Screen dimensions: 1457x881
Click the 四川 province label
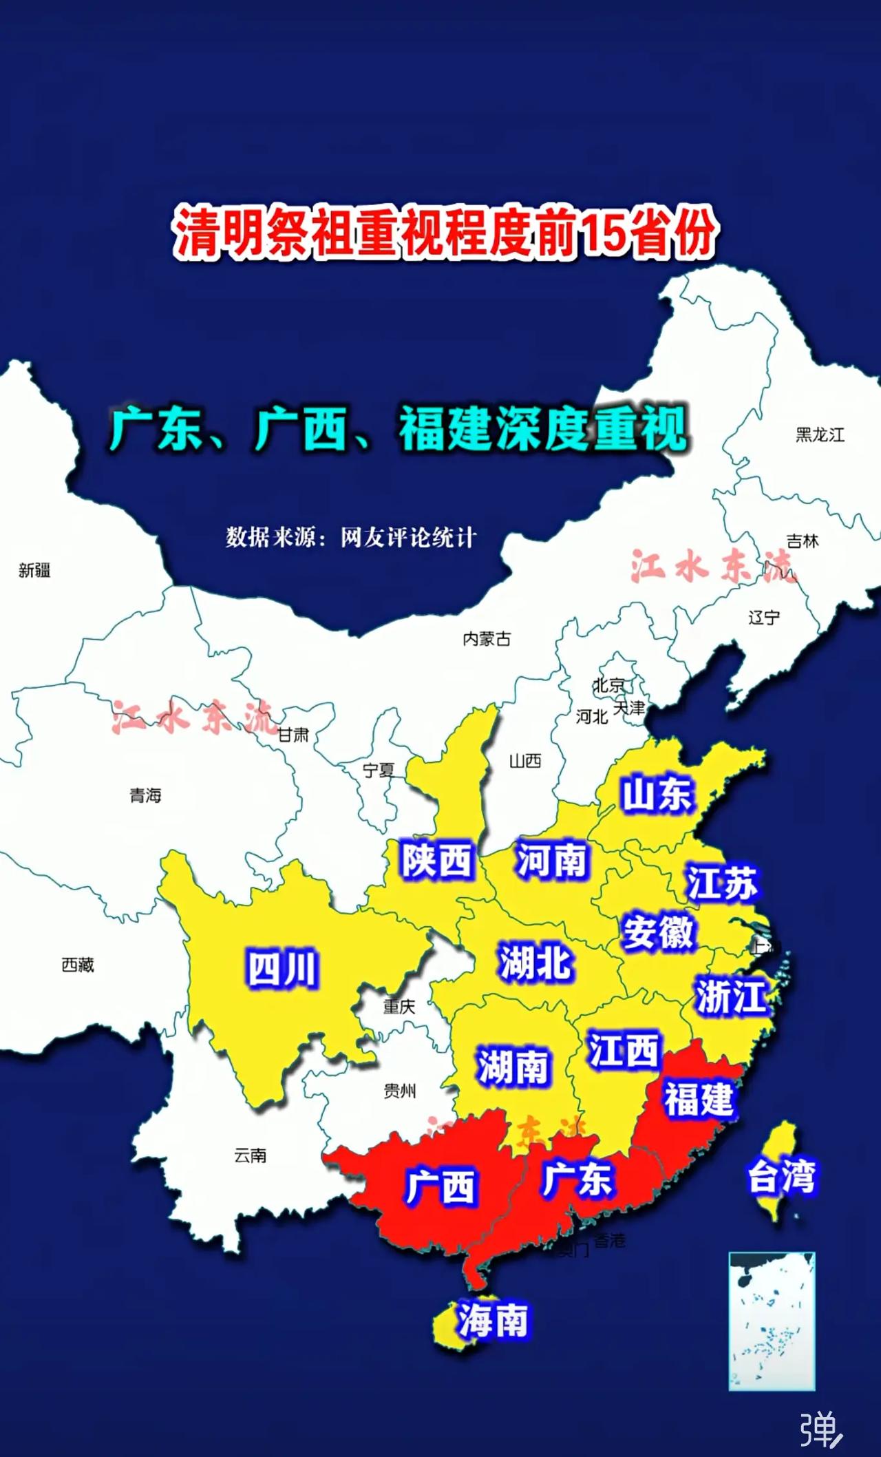coord(282,969)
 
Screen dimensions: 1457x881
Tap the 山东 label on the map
coord(657,794)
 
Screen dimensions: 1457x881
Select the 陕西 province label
coord(437,860)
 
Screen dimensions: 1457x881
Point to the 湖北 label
coord(535,962)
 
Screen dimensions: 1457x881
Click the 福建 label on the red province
coord(698,1099)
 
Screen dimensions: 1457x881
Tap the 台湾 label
coord(781,1177)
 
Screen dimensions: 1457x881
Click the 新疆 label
coord(34,570)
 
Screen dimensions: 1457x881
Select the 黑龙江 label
coord(820,435)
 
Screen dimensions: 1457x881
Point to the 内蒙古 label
coord(487,639)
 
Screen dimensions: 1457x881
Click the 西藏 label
coord(78,965)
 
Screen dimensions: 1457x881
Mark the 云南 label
coord(250,1155)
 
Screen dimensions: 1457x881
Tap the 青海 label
coord(145,796)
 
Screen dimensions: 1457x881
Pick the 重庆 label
coord(399,1007)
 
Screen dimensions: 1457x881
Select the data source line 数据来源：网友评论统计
coord(351,537)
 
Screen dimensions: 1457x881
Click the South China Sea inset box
coord(772,1321)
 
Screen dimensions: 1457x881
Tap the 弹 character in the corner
coord(819,1429)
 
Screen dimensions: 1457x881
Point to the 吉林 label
coord(803,541)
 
